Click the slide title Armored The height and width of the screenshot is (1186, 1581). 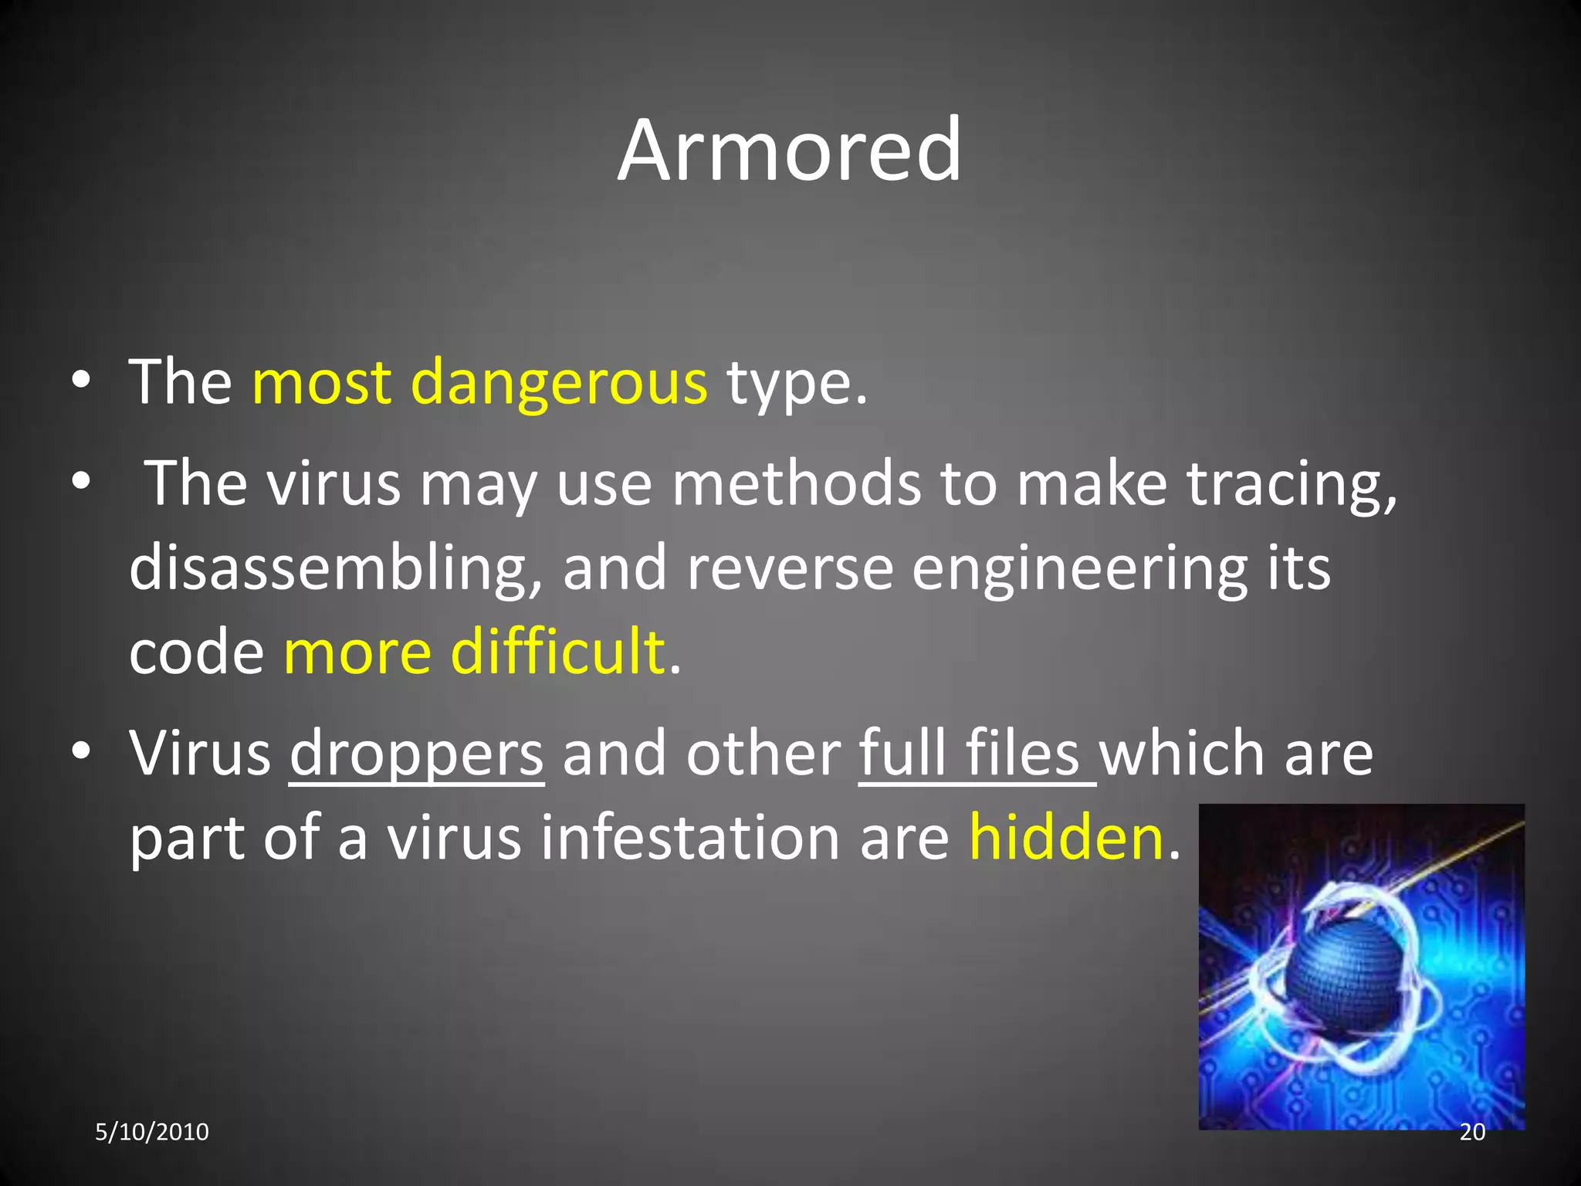pyautogui.click(x=789, y=150)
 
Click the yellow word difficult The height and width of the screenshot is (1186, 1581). pyautogui.click(x=557, y=652)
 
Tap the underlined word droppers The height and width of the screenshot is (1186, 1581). pyautogui.click(x=417, y=754)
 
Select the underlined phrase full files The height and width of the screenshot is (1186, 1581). pyautogui.click(x=970, y=753)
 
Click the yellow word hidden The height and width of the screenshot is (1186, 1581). pyautogui.click(x=1065, y=838)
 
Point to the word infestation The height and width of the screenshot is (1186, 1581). pyautogui.click(x=690, y=838)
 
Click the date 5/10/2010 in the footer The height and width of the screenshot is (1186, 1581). pyautogui.click(x=152, y=1132)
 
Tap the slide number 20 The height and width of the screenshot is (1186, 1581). pyautogui.click(x=1472, y=1132)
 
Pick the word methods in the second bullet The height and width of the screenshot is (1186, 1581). pyautogui.click(x=796, y=484)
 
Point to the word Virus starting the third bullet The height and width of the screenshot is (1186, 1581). pyautogui.click(x=200, y=753)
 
